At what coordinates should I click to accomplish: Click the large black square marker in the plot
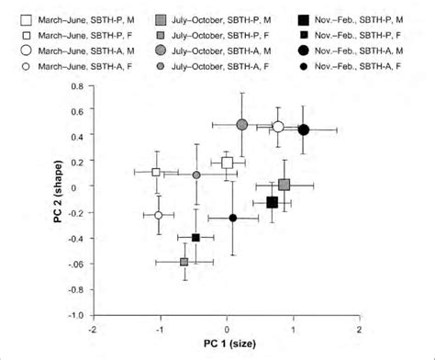point(272,202)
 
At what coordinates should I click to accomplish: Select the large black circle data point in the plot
point(304,129)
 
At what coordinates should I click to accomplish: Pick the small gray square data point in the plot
point(184,262)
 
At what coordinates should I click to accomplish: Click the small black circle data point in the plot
point(233,218)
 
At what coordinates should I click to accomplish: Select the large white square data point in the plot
point(228,163)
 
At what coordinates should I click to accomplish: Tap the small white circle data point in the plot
point(159,215)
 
